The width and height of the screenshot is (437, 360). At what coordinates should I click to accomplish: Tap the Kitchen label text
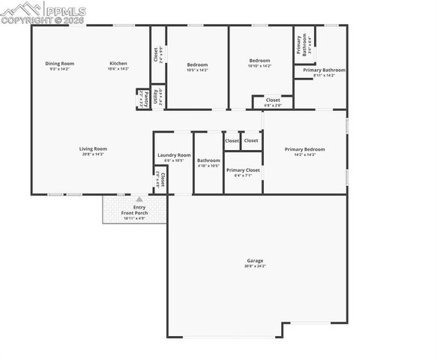118,63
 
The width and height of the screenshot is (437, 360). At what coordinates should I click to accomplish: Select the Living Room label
93,148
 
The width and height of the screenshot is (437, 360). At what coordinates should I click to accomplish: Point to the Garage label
255,261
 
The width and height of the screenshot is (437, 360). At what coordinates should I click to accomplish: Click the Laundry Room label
174,155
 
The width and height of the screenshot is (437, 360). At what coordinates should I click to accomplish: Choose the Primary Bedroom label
304,149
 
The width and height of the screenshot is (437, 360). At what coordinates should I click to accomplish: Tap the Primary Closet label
243,170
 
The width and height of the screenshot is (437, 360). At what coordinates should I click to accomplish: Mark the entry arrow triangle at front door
139,199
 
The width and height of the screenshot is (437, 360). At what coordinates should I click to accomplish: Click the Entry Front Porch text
139,210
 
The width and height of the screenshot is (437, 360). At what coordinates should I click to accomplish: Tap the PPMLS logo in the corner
43,12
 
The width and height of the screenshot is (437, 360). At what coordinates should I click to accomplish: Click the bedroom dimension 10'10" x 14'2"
259,66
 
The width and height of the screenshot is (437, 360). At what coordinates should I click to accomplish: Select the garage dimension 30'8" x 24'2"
255,266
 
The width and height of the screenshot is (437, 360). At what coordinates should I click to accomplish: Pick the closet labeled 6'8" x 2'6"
273,105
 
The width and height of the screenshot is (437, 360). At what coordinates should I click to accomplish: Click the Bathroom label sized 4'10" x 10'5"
208,160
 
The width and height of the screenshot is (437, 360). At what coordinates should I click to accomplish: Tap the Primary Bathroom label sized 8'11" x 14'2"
324,70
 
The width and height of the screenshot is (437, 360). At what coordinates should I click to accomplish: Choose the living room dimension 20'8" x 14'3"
93,154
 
